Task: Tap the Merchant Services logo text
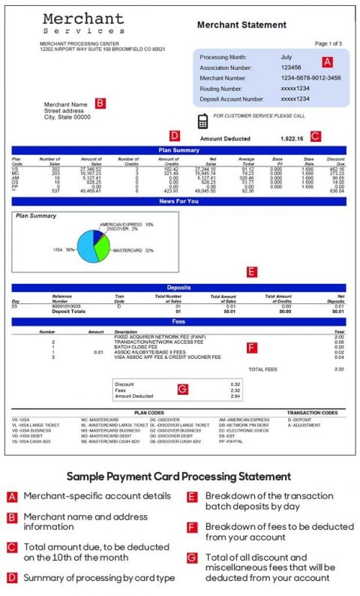click(83, 23)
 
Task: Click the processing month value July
click(286, 57)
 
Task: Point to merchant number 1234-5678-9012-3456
click(310, 77)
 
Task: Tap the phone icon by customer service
click(202, 121)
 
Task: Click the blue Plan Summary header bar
click(178, 150)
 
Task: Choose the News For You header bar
click(178, 201)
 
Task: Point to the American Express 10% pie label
click(127, 224)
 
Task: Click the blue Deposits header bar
click(178, 287)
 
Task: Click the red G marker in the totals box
click(181, 389)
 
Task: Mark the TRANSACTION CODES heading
click(312, 413)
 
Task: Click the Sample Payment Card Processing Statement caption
click(178, 476)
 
